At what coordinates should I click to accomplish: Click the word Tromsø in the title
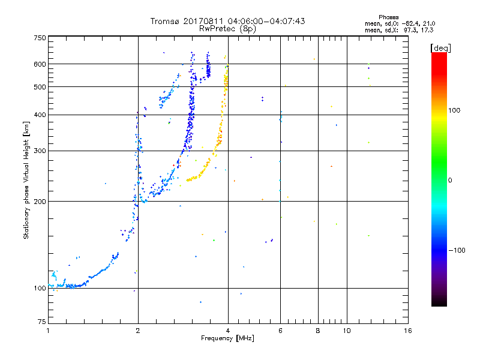click(166, 21)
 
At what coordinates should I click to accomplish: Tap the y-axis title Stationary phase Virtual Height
click(26, 180)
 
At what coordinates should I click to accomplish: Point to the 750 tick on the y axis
click(40, 38)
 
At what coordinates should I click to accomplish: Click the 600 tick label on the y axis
click(40, 64)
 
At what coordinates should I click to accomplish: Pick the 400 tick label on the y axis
click(40, 115)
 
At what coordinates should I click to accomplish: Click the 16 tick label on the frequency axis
click(407, 331)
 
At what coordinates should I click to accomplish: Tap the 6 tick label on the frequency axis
click(280, 331)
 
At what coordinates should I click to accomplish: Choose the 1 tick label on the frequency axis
click(49, 331)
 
